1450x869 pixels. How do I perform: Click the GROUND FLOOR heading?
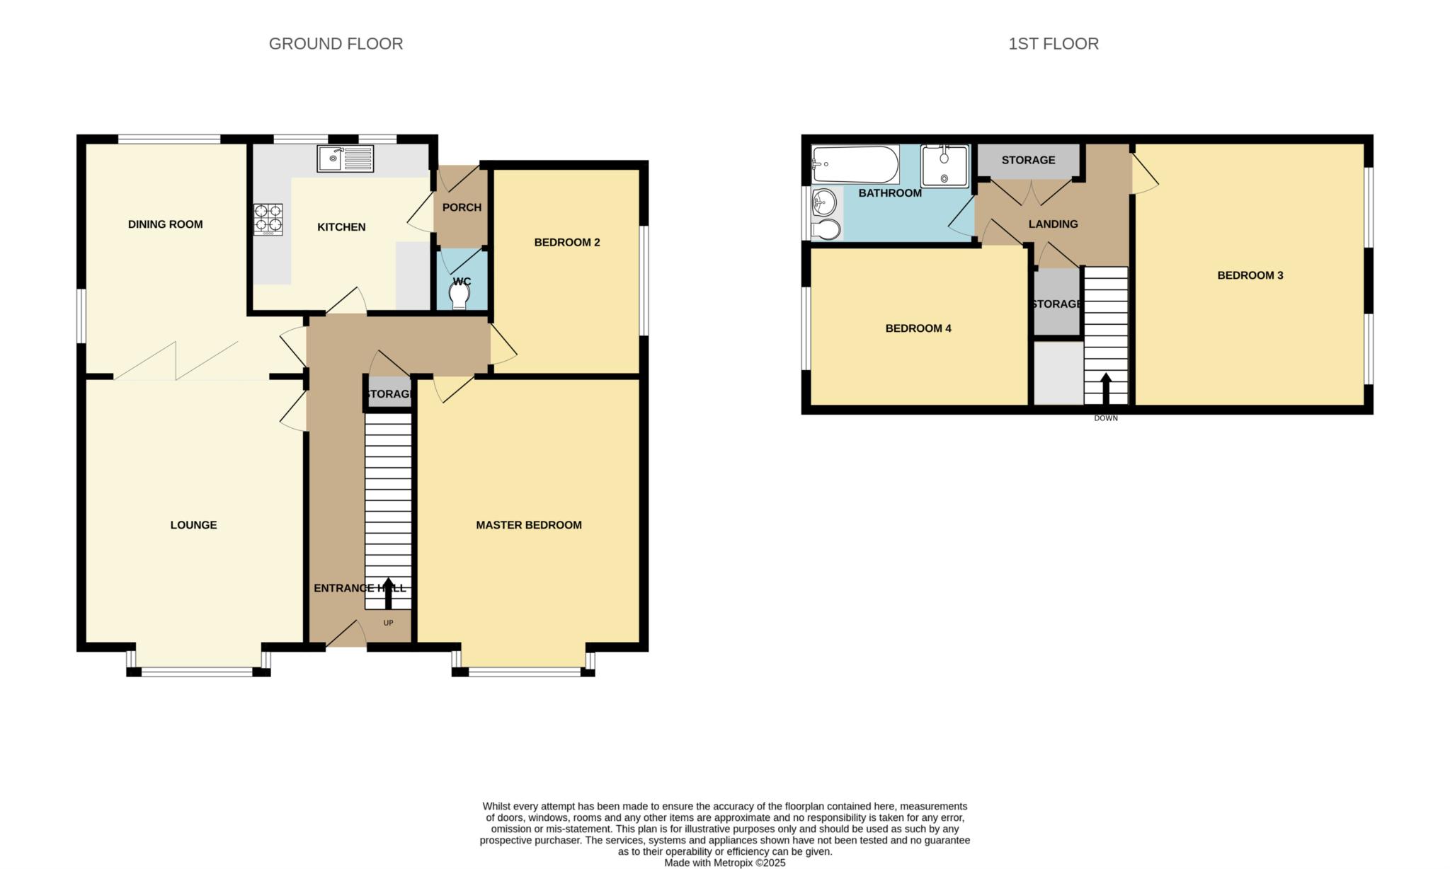(336, 44)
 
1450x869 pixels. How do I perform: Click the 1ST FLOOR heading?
(1054, 44)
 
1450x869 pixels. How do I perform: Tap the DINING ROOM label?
(165, 224)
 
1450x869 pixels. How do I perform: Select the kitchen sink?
(346, 159)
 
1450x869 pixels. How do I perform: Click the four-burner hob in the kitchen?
(268, 219)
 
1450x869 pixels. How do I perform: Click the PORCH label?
(462, 207)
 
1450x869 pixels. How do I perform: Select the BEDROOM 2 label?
(567, 242)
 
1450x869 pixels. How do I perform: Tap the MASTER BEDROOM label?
(529, 525)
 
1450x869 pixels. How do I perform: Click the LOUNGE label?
(193, 525)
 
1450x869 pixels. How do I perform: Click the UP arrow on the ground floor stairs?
(388, 593)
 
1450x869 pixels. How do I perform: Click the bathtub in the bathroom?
(855, 164)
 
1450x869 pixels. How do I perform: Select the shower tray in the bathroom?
(944, 166)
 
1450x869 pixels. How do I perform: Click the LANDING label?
(1053, 224)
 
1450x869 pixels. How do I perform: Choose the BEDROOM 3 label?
(1250, 275)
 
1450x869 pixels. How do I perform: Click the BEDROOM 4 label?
(918, 328)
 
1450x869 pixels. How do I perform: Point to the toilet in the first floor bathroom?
(826, 229)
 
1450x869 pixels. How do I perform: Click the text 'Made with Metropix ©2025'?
(725, 863)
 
